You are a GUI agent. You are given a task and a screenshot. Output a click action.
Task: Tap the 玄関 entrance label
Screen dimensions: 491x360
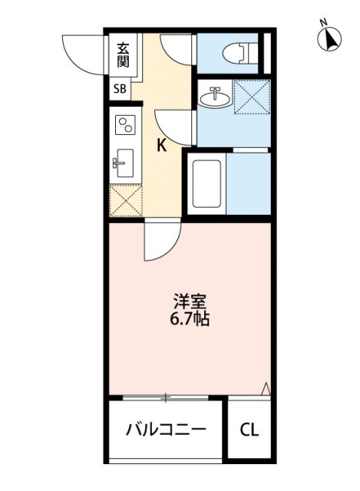point(123,55)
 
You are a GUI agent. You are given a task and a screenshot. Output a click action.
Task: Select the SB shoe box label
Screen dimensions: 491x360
point(121,89)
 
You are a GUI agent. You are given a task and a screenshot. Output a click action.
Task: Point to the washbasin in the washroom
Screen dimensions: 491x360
point(213,97)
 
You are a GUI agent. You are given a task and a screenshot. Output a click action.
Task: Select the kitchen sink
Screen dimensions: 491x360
point(122,163)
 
